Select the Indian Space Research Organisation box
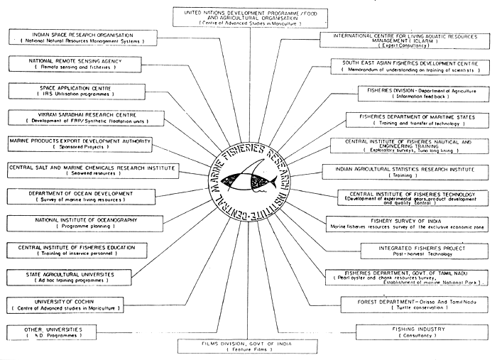click(78, 38)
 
